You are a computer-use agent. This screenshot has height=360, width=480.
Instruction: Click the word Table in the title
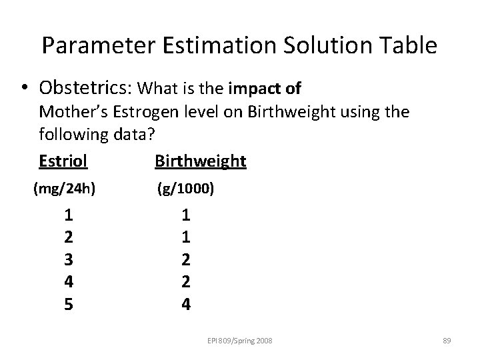pos(407,45)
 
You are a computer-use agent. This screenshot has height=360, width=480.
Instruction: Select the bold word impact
pos(254,88)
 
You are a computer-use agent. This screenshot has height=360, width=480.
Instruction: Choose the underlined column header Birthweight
pos(200,161)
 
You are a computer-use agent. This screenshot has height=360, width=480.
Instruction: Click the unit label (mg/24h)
pos(64,189)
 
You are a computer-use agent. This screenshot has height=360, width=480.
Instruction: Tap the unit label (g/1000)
pos(186,189)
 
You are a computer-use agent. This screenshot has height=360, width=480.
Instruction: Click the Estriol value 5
pos(69,303)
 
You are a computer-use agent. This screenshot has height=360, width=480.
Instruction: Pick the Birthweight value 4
pos(186,303)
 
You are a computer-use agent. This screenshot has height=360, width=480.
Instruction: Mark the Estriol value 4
pos(69,281)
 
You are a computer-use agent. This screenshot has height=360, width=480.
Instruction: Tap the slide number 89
pos(447,341)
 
